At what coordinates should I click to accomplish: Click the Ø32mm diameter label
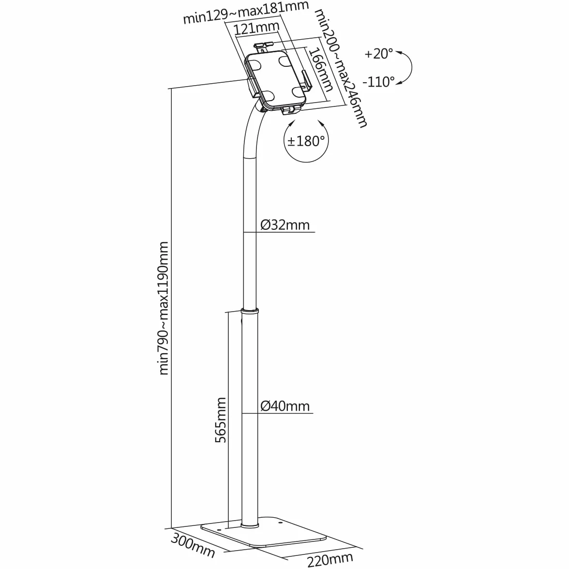tap(285, 225)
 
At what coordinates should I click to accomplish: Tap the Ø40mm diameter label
tap(285, 405)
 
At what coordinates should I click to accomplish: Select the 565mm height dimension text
tap(220, 420)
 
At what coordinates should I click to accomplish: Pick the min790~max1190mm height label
tap(164, 308)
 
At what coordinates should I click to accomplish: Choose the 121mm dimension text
tap(256, 28)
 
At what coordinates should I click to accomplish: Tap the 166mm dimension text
tap(321, 70)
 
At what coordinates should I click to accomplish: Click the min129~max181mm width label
tap(246, 12)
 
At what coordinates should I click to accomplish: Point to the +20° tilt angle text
tap(379, 54)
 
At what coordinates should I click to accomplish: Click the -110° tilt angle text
tap(378, 82)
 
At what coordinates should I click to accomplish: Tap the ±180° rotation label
tap(306, 141)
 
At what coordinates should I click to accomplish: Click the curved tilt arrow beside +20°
tap(411, 68)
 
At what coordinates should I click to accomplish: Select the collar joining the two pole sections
tap(251, 311)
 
